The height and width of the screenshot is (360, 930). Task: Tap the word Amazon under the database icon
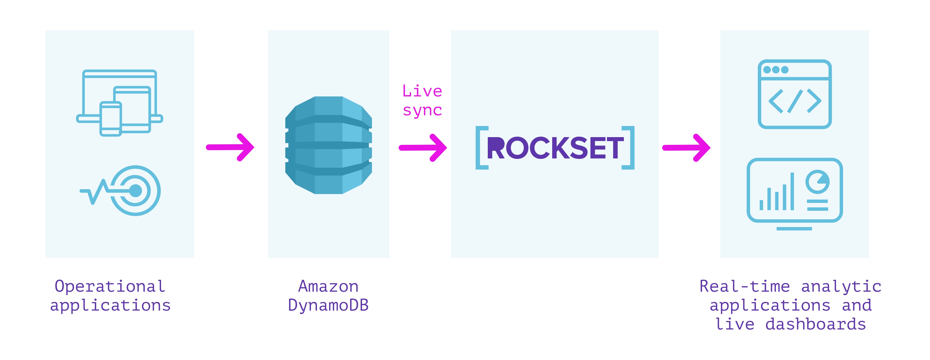[328, 286]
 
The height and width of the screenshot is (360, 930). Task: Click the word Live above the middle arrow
[422, 91]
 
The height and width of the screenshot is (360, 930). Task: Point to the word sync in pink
[422, 110]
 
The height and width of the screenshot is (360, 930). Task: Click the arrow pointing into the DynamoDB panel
[230, 147]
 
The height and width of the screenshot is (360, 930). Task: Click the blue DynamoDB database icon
[328, 145]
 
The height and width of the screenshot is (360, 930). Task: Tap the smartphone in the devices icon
[110, 119]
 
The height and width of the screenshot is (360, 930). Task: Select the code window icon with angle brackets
[795, 94]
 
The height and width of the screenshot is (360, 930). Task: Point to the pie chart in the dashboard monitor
[817, 182]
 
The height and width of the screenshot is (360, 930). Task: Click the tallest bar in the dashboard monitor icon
[792, 191]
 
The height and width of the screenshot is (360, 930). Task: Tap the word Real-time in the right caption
[744, 286]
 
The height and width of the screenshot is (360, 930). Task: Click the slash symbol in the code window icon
[795, 101]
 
